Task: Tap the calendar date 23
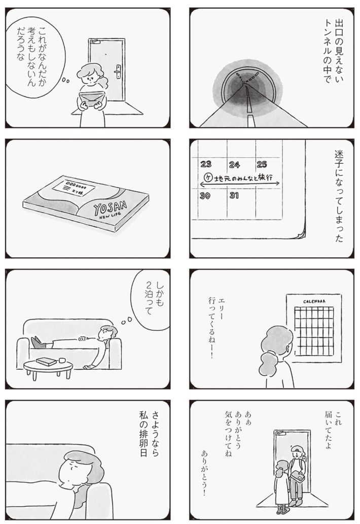point(206,164)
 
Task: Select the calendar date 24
point(234,164)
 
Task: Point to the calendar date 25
point(262,164)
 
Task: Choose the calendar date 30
point(205,196)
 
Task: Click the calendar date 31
point(234,196)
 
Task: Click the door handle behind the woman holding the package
point(118,72)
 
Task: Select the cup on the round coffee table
point(62,361)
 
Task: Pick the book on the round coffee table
point(46,362)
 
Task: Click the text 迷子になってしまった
point(339,195)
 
